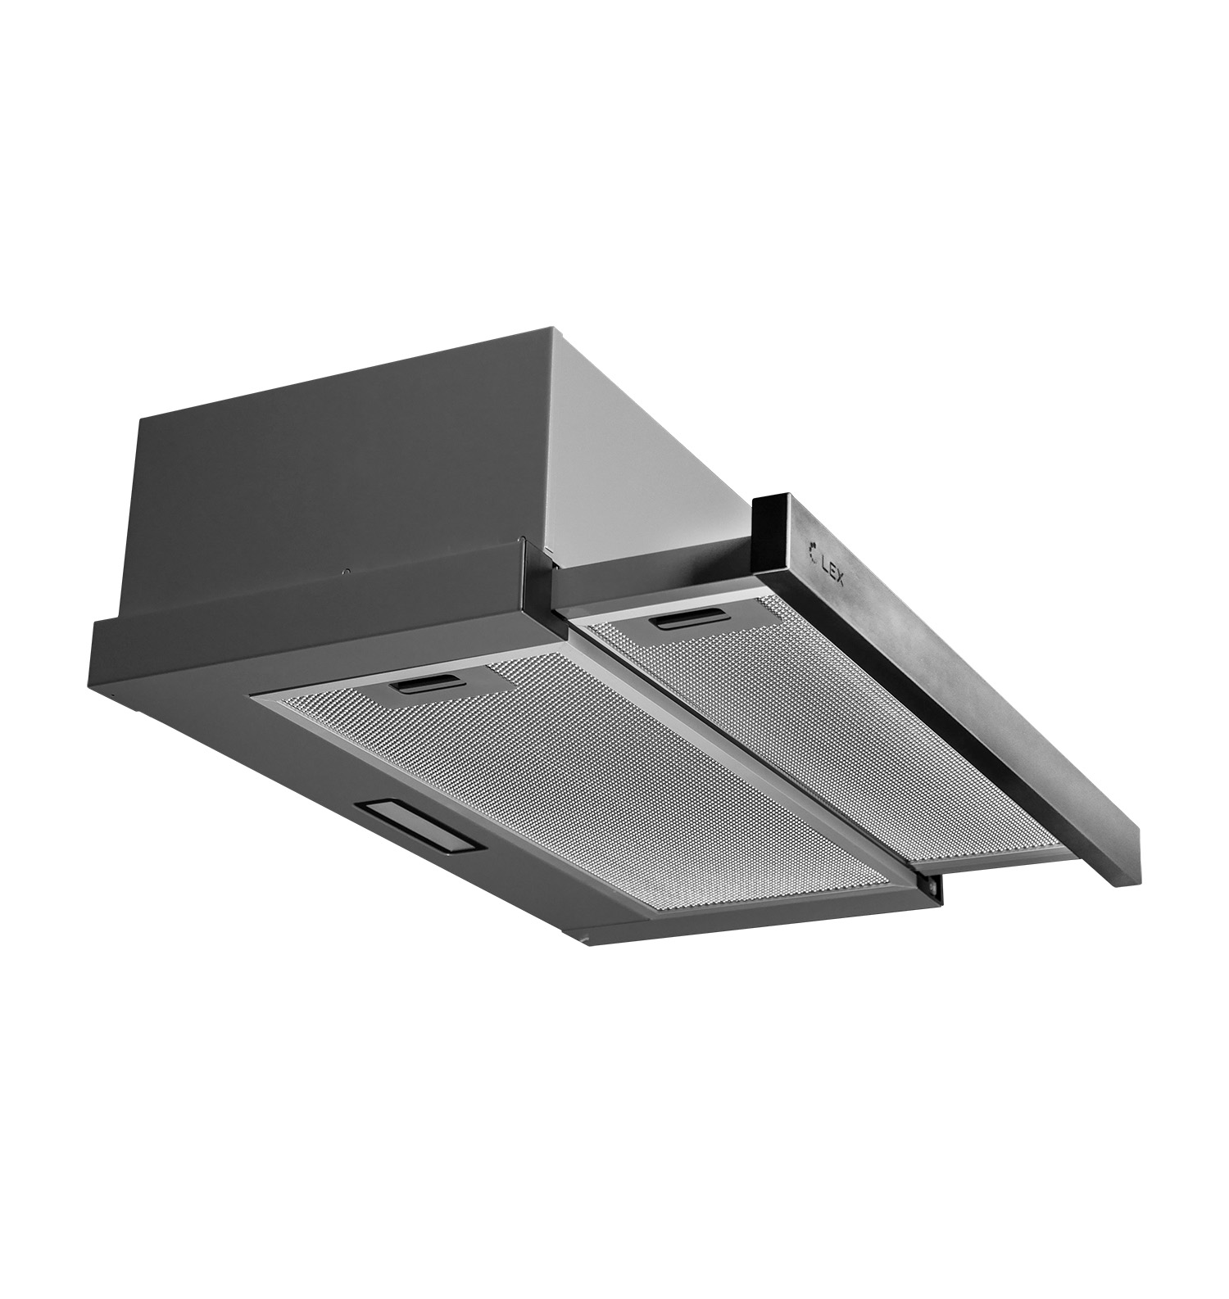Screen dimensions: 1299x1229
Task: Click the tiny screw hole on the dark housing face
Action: pyautogui.click(x=347, y=572)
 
